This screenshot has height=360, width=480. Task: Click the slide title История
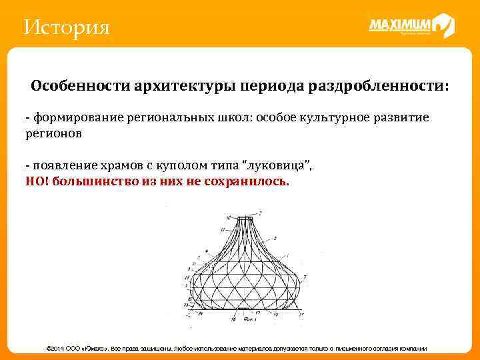click(x=66, y=28)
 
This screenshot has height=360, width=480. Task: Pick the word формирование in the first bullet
click(x=72, y=117)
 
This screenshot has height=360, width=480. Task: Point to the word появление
click(x=63, y=165)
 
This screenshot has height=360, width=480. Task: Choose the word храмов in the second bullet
click(x=123, y=165)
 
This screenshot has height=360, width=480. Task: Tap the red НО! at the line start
click(x=37, y=181)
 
